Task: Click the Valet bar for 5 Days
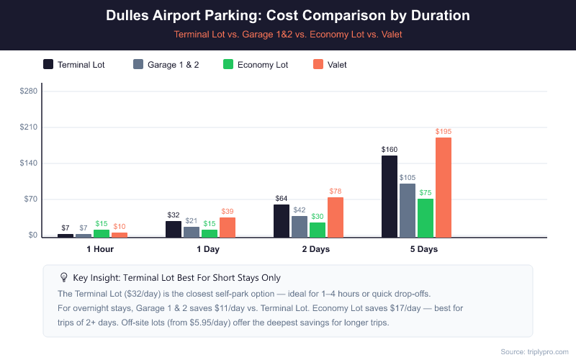(x=444, y=187)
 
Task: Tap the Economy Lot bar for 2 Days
(x=318, y=229)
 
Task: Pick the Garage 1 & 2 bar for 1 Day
(x=192, y=232)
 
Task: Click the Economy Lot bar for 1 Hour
(x=102, y=233)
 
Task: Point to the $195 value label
(x=444, y=132)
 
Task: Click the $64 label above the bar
(x=282, y=199)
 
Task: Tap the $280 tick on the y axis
(x=28, y=91)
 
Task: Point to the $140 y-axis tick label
(x=28, y=163)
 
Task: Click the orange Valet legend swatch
(x=318, y=64)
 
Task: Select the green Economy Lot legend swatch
(x=228, y=64)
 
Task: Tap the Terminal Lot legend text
(x=81, y=65)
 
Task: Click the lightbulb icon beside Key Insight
(x=63, y=277)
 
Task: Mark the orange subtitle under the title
(x=288, y=34)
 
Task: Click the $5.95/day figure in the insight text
(x=213, y=322)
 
